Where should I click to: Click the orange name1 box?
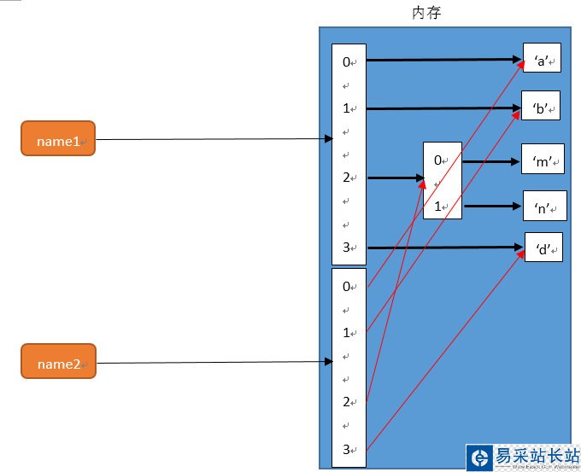pyautogui.click(x=58, y=139)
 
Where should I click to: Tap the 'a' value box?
pyautogui.click(x=542, y=60)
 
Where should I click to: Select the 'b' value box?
pyautogui.click(x=541, y=108)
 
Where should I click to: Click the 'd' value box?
pyautogui.click(x=543, y=248)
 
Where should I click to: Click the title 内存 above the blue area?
pyautogui.click(x=426, y=13)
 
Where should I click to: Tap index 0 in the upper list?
pyautogui.click(x=347, y=61)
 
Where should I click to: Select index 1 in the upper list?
pyautogui.click(x=347, y=108)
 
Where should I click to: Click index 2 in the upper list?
pyautogui.click(x=347, y=178)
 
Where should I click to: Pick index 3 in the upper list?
pyautogui.click(x=347, y=248)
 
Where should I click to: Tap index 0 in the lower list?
pyautogui.click(x=347, y=286)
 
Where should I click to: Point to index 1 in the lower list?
pyautogui.click(x=347, y=332)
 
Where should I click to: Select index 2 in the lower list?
pyautogui.click(x=347, y=401)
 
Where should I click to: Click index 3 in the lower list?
pyautogui.click(x=347, y=449)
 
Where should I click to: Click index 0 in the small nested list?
pyautogui.click(x=438, y=160)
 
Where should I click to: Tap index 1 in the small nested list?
pyautogui.click(x=438, y=206)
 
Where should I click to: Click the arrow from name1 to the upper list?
pyautogui.click(x=214, y=139)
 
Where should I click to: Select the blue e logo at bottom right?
pyautogui.click(x=480, y=457)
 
